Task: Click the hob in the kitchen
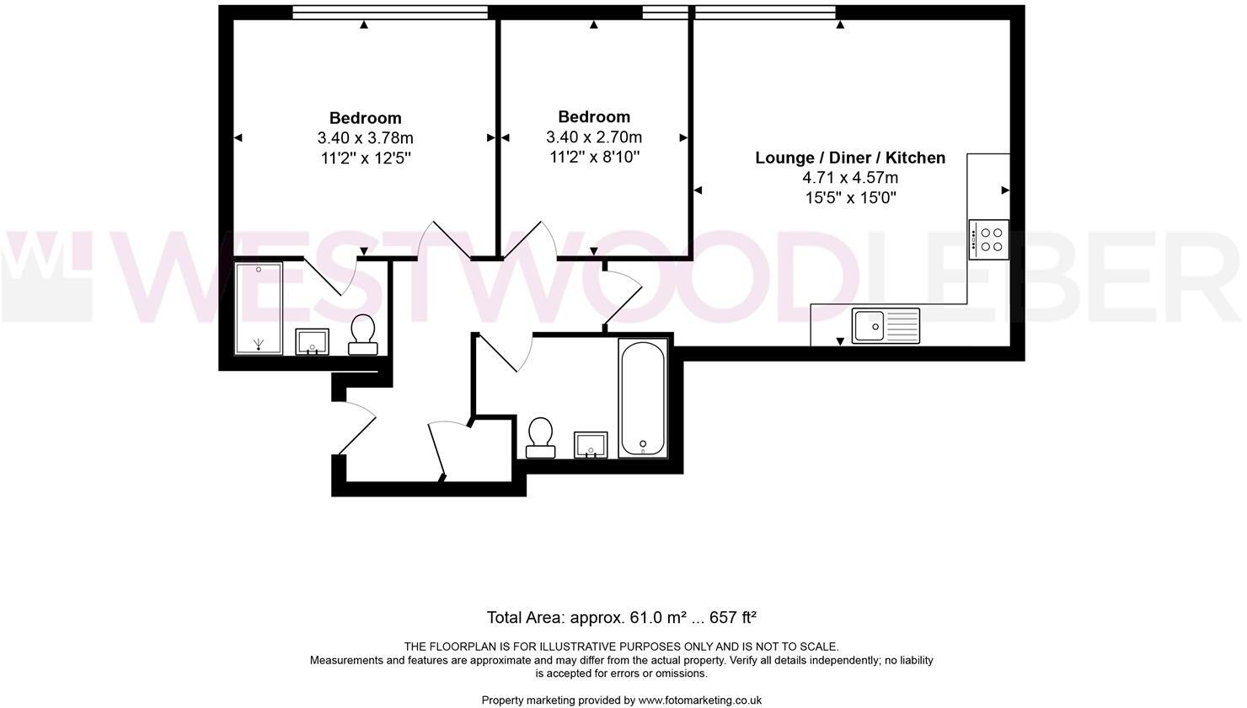[x=988, y=239]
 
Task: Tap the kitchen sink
[x=886, y=325]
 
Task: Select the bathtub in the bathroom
[x=643, y=398]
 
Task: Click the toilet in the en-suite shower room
[x=364, y=335]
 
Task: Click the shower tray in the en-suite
[x=259, y=308]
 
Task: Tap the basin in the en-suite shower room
[x=312, y=342]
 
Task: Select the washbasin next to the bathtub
[x=591, y=443]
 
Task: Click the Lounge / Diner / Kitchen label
[x=849, y=158]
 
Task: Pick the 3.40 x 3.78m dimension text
[x=365, y=138]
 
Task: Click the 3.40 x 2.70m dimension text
[x=593, y=137]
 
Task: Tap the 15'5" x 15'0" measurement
[x=849, y=198]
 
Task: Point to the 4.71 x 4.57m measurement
[x=849, y=178]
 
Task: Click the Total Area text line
[x=622, y=617]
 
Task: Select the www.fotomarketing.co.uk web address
[x=699, y=700]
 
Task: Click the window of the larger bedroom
[x=390, y=12]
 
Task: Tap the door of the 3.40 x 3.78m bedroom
[x=443, y=239]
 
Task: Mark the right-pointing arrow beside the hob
[x=1005, y=190]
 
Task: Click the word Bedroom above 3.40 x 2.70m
[x=593, y=117]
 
